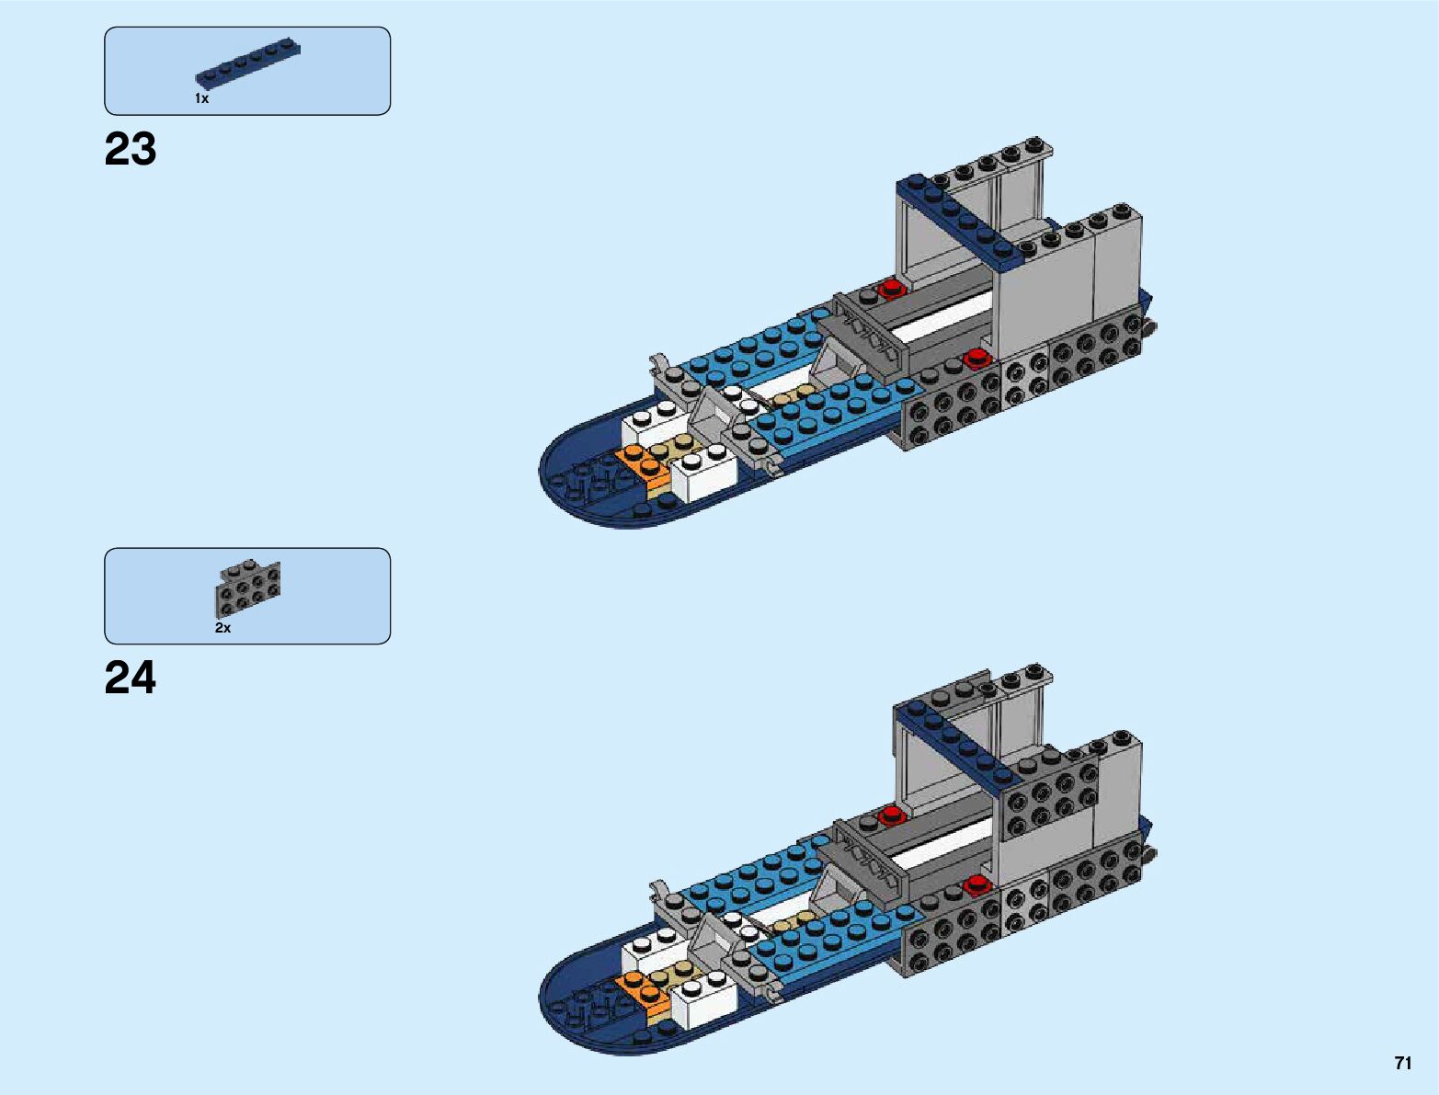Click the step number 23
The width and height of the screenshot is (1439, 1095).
(x=131, y=149)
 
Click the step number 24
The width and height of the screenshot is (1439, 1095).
(x=131, y=679)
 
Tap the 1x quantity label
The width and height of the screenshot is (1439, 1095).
(x=201, y=98)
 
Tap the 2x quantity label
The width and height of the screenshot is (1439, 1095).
(x=223, y=628)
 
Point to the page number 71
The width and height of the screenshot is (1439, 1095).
(x=1402, y=1063)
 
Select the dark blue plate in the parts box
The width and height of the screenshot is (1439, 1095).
(x=248, y=66)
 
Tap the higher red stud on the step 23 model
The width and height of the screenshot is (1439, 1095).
(x=890, y=289)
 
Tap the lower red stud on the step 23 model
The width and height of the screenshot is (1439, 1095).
(x=975, y=357)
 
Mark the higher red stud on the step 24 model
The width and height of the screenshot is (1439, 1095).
(x=890, y=815)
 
